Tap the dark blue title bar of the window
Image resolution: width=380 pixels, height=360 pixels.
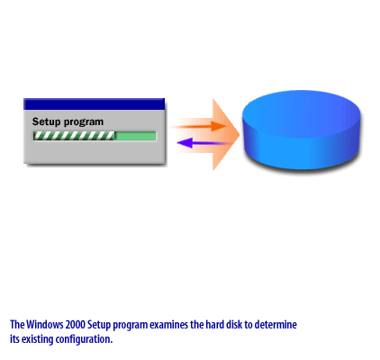(x=95, y=103)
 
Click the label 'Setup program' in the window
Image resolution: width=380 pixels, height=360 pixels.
(x=68, y=121)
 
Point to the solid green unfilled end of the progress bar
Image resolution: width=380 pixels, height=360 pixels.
(x=135, y=137)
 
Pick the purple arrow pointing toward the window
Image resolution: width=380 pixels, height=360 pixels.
(x=203, y=142)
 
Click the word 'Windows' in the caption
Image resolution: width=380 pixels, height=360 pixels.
(x=44, y=324)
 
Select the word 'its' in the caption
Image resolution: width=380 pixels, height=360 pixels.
(x=15, y=339)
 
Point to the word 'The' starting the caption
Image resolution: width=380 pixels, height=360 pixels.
(x=17, y=324)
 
